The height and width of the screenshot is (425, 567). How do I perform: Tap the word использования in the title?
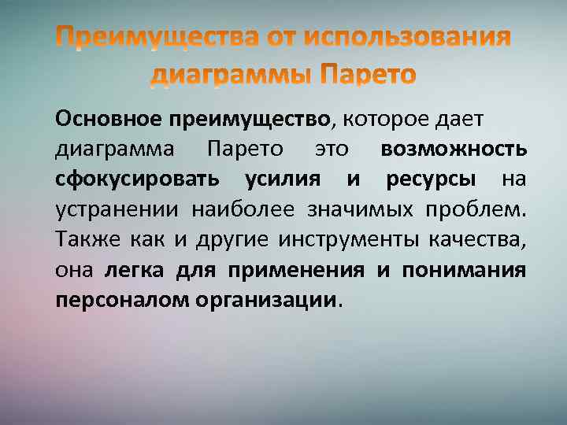pos(407,37)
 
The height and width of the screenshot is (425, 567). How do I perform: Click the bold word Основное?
pos(108,120)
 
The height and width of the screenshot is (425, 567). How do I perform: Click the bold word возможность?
pos(454,149)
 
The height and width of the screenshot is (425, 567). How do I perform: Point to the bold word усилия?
pos(282,179)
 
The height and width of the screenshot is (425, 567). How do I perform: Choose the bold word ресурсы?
pos(431,179)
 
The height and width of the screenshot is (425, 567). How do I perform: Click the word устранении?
pos(116,209)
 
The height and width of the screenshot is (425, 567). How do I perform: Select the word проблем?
pos(476,209)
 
